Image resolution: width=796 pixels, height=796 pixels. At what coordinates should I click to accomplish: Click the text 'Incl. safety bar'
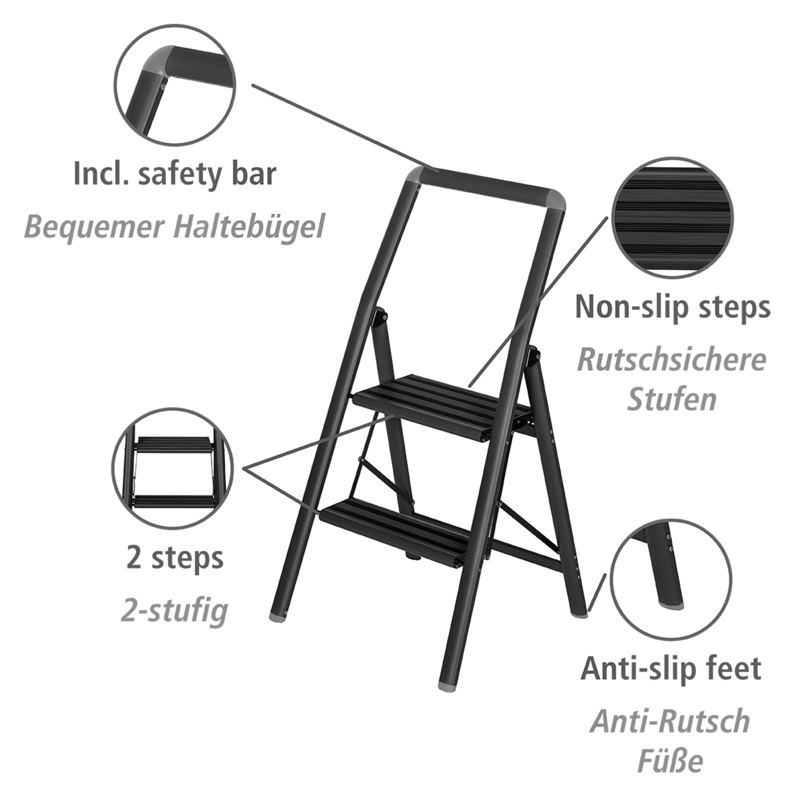(x=175, y=174)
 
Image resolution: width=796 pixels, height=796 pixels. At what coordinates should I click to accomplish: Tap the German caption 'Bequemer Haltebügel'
(x=174, y=227)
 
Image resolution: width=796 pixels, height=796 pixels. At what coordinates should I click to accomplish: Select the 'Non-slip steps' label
(x=672, y=307)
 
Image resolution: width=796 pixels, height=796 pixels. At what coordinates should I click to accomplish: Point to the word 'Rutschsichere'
(x=672, y=360)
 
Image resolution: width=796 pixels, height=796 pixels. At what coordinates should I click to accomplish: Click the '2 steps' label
(x=175, y=558)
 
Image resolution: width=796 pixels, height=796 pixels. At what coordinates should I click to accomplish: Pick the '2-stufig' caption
(x=174, y=611)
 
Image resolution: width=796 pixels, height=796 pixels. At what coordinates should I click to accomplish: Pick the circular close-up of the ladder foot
(x=671, y=578)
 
